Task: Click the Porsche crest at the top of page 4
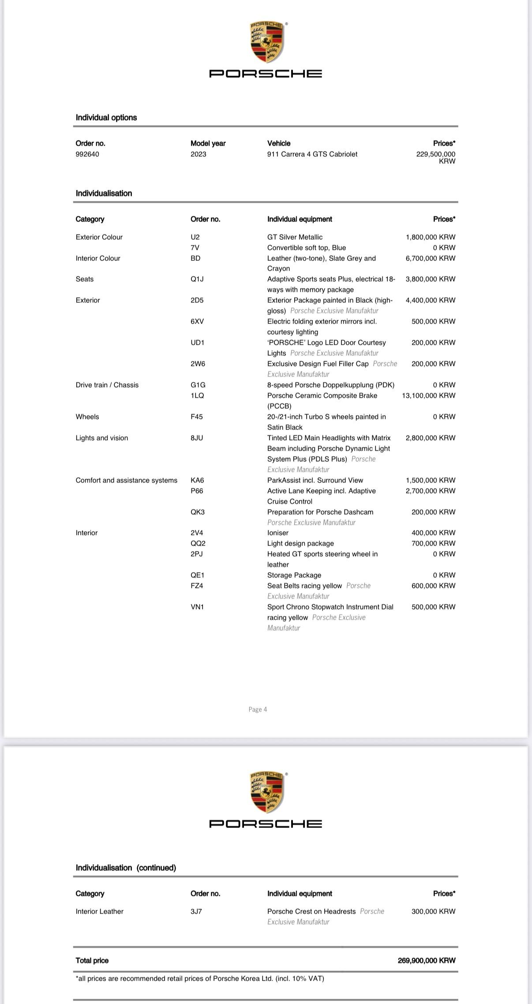point(266,42)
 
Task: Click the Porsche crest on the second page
point(266,793)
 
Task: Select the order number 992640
point(87,154)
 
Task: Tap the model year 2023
point(198,154)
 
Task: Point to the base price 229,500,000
point(435,154)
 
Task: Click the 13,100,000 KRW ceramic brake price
point(428,395)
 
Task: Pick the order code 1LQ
point(197,395)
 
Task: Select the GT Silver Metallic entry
point(295,237)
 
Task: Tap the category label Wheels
point(87,417)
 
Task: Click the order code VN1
point(197,607)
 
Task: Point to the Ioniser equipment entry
point(277,533)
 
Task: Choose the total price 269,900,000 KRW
point(426,960)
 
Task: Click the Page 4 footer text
point(258,709)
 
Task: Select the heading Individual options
point(106,117)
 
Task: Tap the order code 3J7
point(196,911)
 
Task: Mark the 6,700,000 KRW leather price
point(430,258)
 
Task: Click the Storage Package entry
point(294,575)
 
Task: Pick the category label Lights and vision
point(102,438)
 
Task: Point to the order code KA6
point(197,480)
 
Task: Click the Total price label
point(92,960)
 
